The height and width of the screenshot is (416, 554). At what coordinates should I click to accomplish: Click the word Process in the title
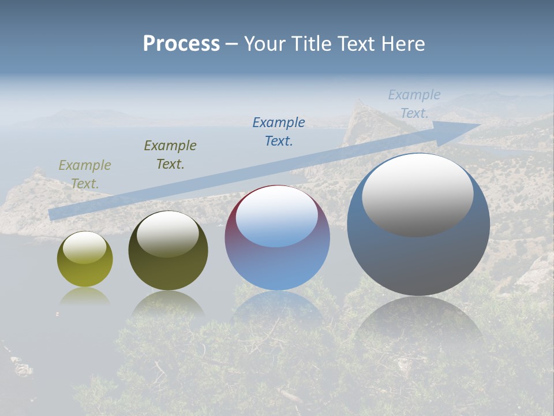[181, 43]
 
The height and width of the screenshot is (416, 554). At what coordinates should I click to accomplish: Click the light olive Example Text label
[85, 174]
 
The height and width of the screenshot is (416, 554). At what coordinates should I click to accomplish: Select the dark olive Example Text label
[170, 154]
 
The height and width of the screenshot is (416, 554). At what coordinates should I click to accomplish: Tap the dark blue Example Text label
[279, 131]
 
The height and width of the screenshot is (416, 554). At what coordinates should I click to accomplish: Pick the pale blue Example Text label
[414, 103]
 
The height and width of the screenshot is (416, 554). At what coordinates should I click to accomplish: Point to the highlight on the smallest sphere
[84, 248]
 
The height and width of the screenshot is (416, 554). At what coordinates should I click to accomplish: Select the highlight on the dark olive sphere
[167, 234]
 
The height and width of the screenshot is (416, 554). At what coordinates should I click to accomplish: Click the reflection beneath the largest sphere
[418, 324]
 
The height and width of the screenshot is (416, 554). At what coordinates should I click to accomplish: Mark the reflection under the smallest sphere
[85, 297]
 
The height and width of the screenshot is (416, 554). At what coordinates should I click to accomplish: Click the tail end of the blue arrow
[55, 214]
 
